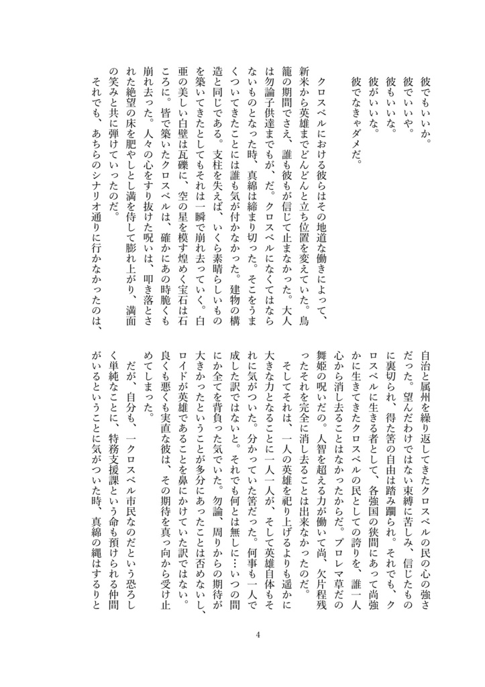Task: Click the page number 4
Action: point(258,635)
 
